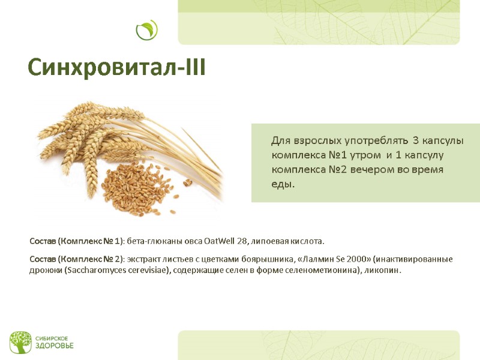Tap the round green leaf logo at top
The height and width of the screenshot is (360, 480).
click(x=146, y=30)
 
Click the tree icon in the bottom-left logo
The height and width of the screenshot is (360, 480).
click(x=20, y=342)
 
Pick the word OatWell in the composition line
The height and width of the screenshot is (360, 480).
click(x=219, y=241)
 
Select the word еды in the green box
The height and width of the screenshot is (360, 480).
click(x=283, y=184)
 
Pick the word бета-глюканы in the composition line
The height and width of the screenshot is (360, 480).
click(x=150, y=241)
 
